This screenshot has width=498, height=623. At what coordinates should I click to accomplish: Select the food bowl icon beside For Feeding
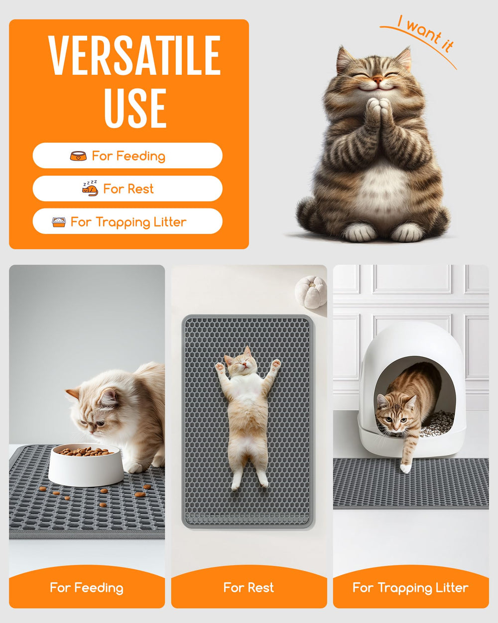pos(78,156)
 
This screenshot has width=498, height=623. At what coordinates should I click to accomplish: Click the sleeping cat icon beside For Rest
pos(90,188)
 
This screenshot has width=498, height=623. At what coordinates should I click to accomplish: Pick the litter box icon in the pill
pos(59,222)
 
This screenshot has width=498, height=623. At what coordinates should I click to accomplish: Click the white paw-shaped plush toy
pos(311,291)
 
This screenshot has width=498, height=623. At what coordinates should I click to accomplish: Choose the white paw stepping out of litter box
pos(406,468)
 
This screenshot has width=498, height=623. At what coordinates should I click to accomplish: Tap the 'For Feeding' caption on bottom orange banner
pos(87,588)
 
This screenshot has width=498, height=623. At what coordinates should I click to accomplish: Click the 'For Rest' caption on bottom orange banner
pos(249,588)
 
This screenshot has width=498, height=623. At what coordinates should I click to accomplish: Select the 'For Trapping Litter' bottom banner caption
pos(410,588)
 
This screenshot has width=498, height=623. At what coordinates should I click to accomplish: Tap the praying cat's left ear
pos(343,57)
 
